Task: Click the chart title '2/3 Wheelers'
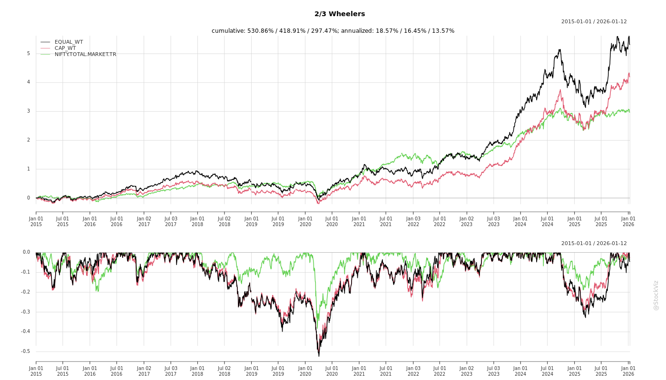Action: point(340,14)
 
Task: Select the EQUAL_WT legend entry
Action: point(69,42)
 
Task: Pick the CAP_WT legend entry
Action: point(65,48)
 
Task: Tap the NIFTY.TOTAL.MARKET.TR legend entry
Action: point(85,54)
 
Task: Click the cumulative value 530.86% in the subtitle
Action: point(260,31)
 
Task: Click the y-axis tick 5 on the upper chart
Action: point(28,54)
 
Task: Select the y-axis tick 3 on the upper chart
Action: point(28,111)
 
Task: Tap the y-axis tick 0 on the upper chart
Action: point(28,198)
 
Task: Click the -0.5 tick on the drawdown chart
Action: point(26,351)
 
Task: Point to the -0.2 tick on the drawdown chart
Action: point(26,292)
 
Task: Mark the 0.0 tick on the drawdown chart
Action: point(26,252)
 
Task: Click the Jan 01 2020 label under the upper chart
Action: point(305,221)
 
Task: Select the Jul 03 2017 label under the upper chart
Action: point(171,221)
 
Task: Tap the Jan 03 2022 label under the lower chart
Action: point(413,371)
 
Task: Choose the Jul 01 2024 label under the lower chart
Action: point(548,371)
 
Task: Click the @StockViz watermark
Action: point(656,295)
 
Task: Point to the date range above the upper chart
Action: point(594,22)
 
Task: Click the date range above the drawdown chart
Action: point(594,244)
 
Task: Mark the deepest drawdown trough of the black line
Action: point(319,356)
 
